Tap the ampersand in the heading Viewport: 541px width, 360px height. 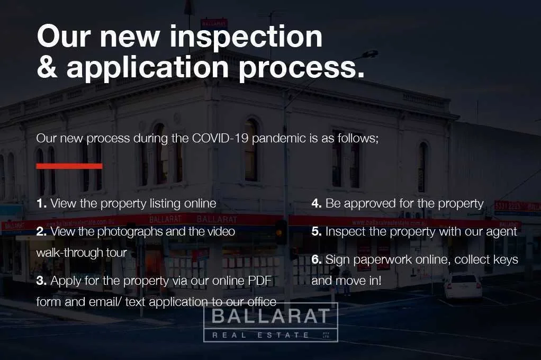click(x=48, y=68)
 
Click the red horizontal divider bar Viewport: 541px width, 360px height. click(x=69, y=166)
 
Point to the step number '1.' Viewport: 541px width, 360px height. click(x=42, y=203)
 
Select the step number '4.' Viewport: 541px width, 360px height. click(x=317, y=203)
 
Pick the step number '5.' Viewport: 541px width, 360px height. click(x=317, y=231)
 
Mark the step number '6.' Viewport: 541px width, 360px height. click(x=317, y=259)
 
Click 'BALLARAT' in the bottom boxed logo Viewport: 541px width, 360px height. click(x=270, y=317)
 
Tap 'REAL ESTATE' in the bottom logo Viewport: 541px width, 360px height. click(x=260, y=335)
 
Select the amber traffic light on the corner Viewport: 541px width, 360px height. click(x=281, y=232)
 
